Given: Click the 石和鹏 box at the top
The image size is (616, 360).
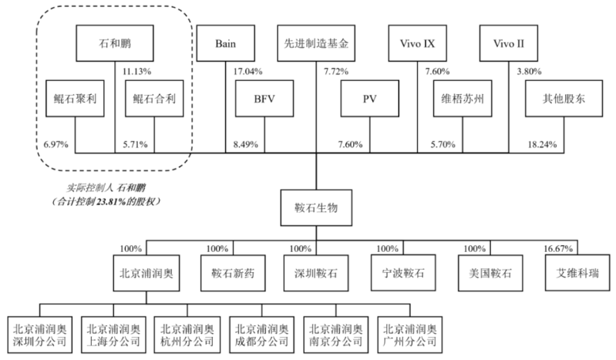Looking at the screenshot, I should coord(114,45).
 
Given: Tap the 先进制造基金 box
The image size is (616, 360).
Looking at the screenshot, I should coord(317,45).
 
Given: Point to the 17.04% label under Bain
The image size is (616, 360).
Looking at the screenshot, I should coord(248,71).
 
